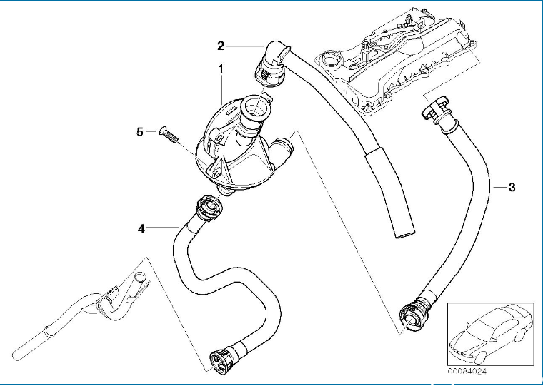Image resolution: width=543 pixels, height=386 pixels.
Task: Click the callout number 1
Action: pyautogui.click(x=221, y=70)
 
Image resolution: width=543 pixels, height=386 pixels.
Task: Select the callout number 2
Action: pyautogui.click(x=221, y=46)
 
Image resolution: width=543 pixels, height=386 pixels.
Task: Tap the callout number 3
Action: pyautogui.click(x=512, y=187)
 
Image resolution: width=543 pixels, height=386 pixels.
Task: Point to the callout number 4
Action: pyautogui.click(x=141, y=228)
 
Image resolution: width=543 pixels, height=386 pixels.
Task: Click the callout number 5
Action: pyautogui.click(x=141, y=131)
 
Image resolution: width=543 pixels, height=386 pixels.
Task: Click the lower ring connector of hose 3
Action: pyautogui.click(x=413, y=315)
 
